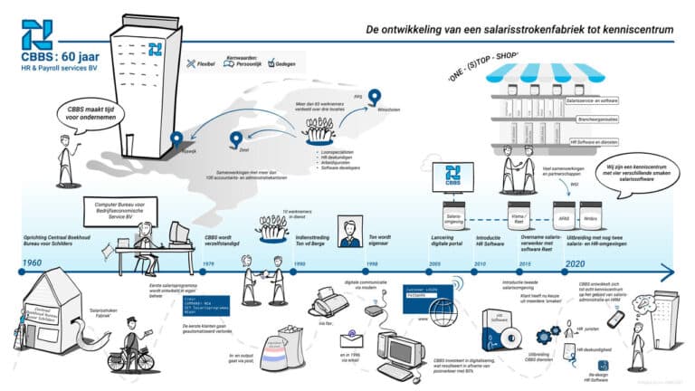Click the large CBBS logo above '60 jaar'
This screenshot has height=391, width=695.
pyautogui.click(x=37, y=35)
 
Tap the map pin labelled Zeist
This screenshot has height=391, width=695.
pyautogui.click(x=236, y=138)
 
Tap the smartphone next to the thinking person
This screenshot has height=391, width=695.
pyautogui.click(x=615, y=319)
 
